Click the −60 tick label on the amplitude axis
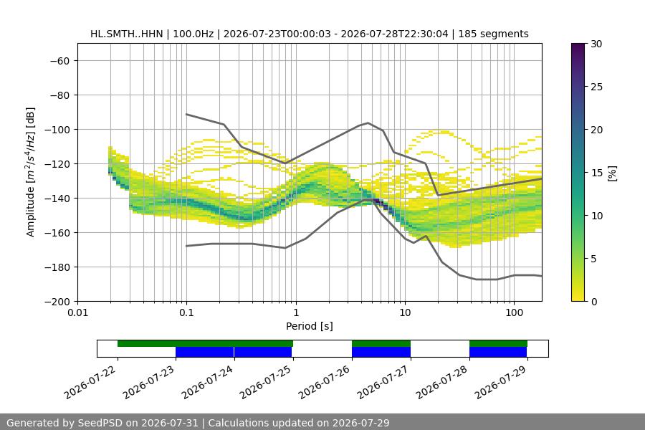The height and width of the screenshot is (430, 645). (x=59, y=61)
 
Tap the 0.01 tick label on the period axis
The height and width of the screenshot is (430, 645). (x=77, y=312)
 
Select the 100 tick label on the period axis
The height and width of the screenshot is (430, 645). (x=514, y=312)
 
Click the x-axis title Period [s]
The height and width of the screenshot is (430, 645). (x=310, y=326)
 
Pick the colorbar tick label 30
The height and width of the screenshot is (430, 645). (x=596, y=44)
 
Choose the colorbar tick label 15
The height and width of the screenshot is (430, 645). (x=596, y=173)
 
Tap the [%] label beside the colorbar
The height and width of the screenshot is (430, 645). (x=613, y=173)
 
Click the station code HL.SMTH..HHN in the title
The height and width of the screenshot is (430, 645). (x=127, y=34)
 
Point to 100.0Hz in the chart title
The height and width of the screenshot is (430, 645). (x=193, y=34)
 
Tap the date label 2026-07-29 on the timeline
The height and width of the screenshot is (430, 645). (x=502, y=382)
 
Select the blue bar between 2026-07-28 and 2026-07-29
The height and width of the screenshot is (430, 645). (x=498, y=352)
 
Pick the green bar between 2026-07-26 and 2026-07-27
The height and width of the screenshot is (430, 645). (x=381, y=343)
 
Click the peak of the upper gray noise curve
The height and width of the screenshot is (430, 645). (x=368, y=123)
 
